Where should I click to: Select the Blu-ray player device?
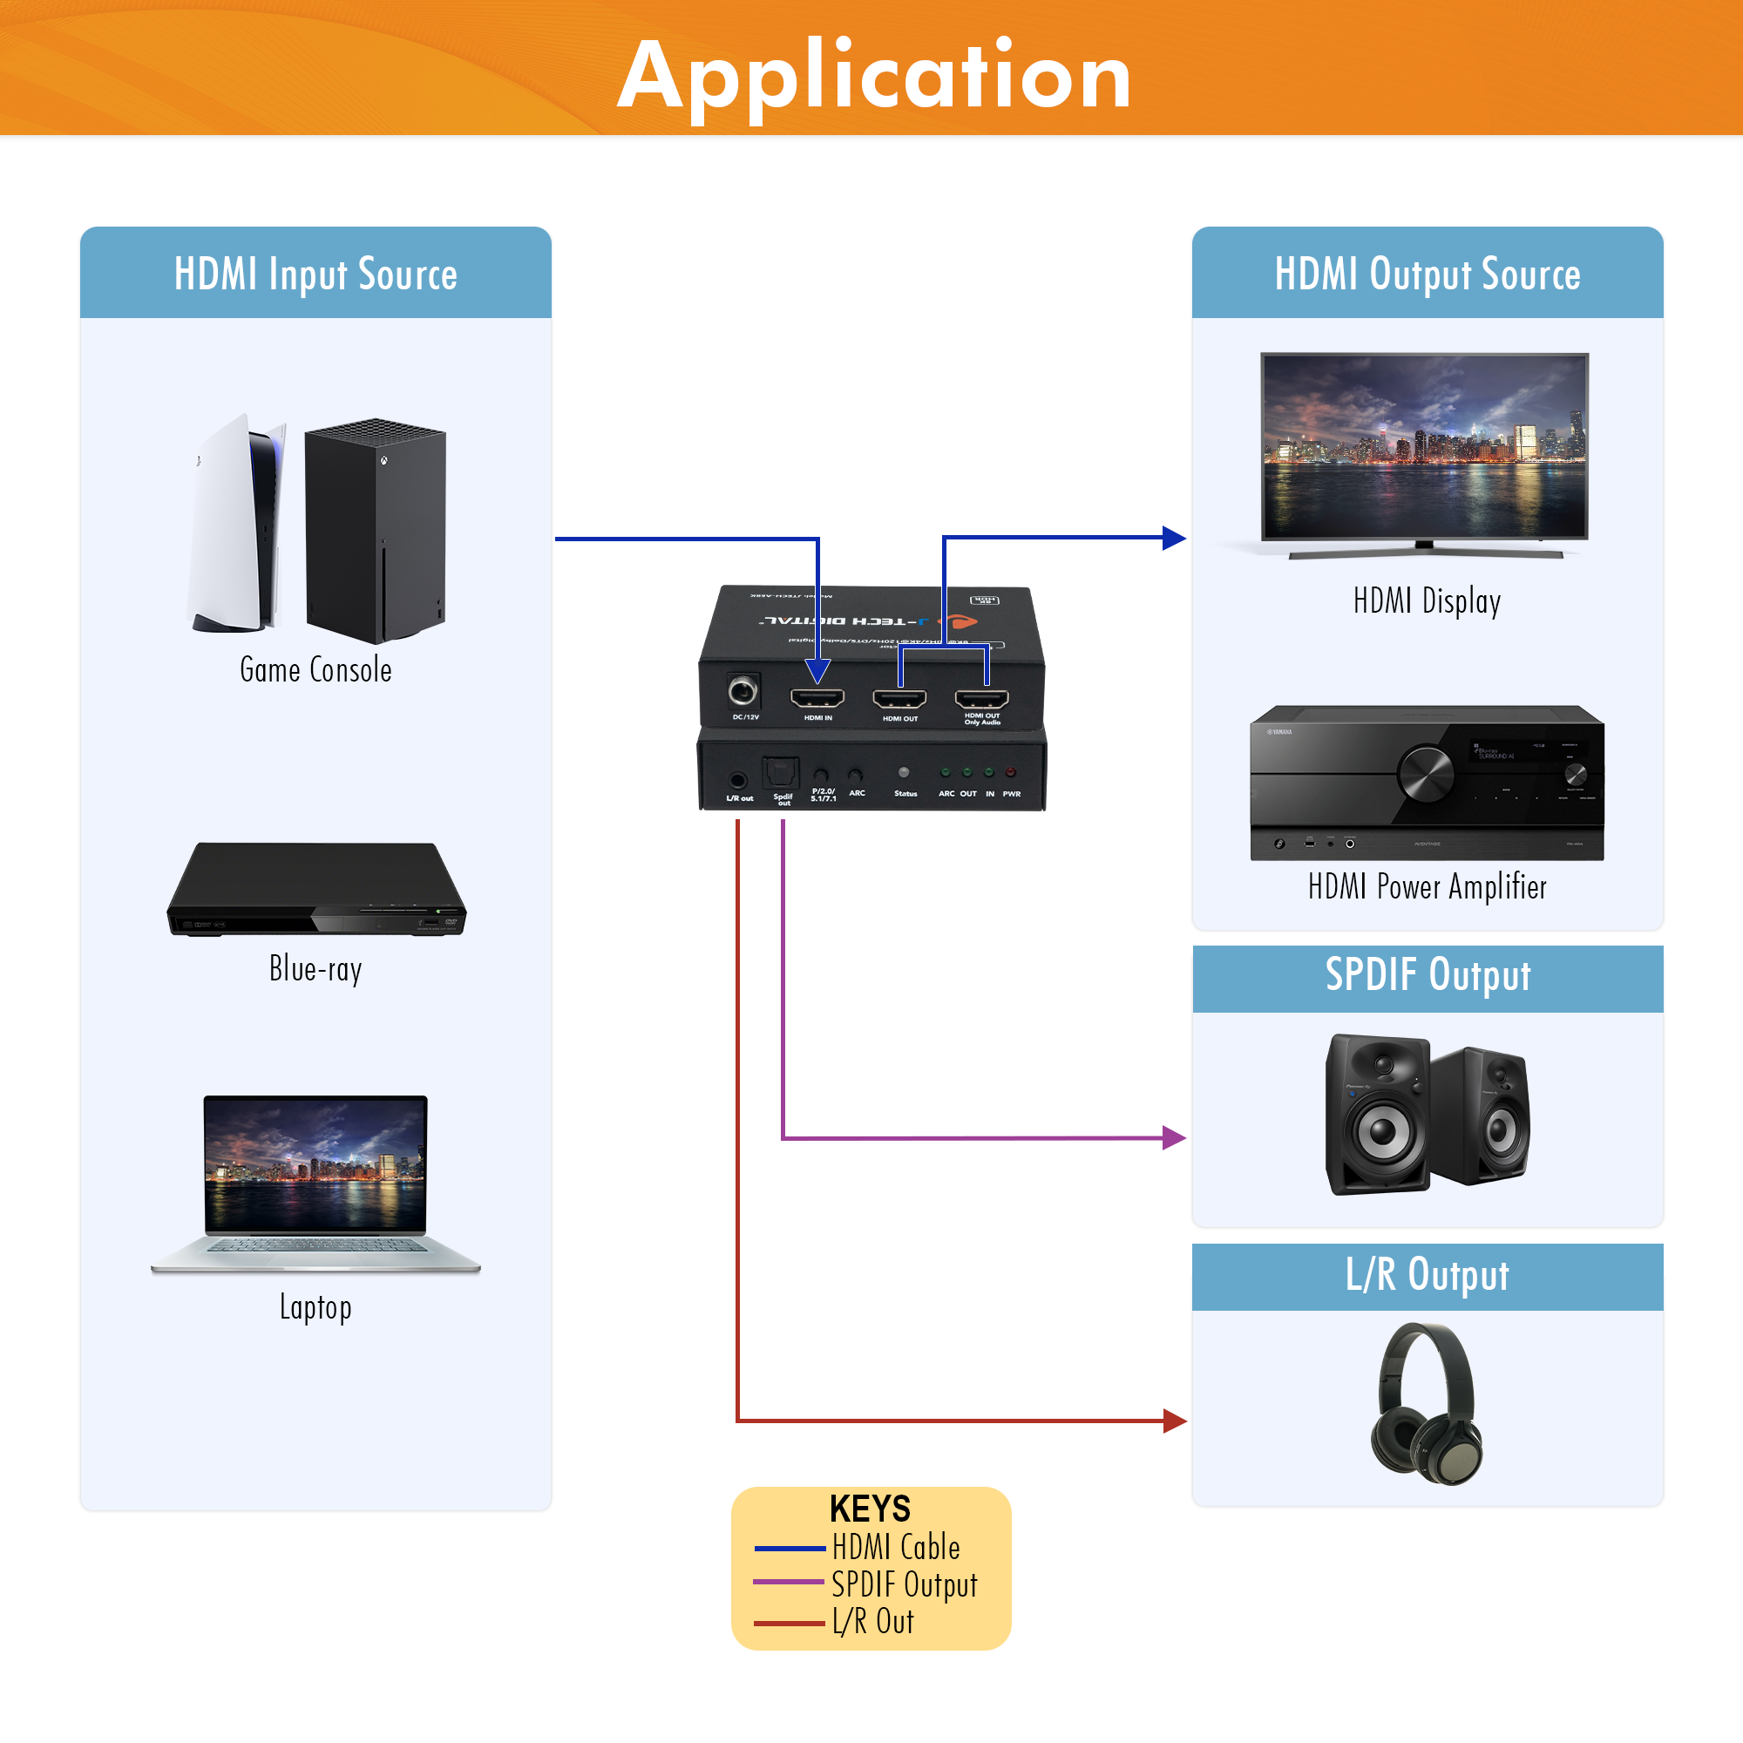(315, 889)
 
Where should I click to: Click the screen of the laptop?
(315, 1163)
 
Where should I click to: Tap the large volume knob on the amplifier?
(1426, 773)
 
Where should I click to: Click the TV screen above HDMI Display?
(1425, 445)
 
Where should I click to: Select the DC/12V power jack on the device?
(743, 692)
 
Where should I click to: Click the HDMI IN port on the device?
(817, 697)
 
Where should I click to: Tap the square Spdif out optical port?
(780, 773)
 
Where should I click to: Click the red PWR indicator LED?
(1010, 772)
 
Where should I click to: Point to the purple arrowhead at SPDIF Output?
(1174, 1137)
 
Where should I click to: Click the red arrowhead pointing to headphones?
(1174, 1421)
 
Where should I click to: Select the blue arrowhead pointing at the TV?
(1174, 538)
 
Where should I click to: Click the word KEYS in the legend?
(871, 1509)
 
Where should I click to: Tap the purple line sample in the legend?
(789, 1583)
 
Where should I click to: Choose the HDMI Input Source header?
(315, 274)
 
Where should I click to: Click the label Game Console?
(315, 670)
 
